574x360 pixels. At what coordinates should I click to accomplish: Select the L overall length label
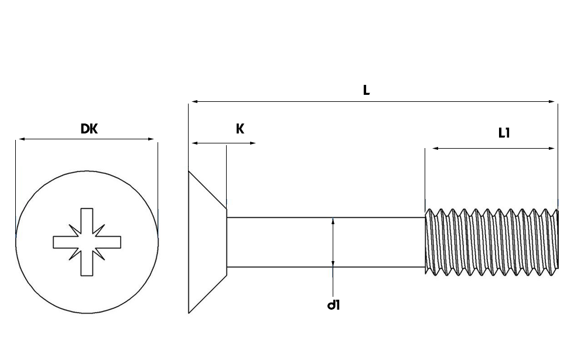point(367,90)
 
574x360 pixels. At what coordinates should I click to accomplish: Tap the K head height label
point(240,129)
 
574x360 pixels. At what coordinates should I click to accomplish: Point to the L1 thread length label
point(504,133)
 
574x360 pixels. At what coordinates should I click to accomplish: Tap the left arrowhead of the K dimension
point(194,143)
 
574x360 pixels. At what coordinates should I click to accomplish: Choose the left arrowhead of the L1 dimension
point(435,149)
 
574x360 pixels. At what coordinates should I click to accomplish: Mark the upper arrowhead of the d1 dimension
point(333,221)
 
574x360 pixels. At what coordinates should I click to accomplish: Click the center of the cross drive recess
point(87,241)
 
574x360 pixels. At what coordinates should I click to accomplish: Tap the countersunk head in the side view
point(205,241)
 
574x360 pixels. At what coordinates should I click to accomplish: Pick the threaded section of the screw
point(491,241)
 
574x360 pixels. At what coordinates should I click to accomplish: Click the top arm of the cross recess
point(87,218)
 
